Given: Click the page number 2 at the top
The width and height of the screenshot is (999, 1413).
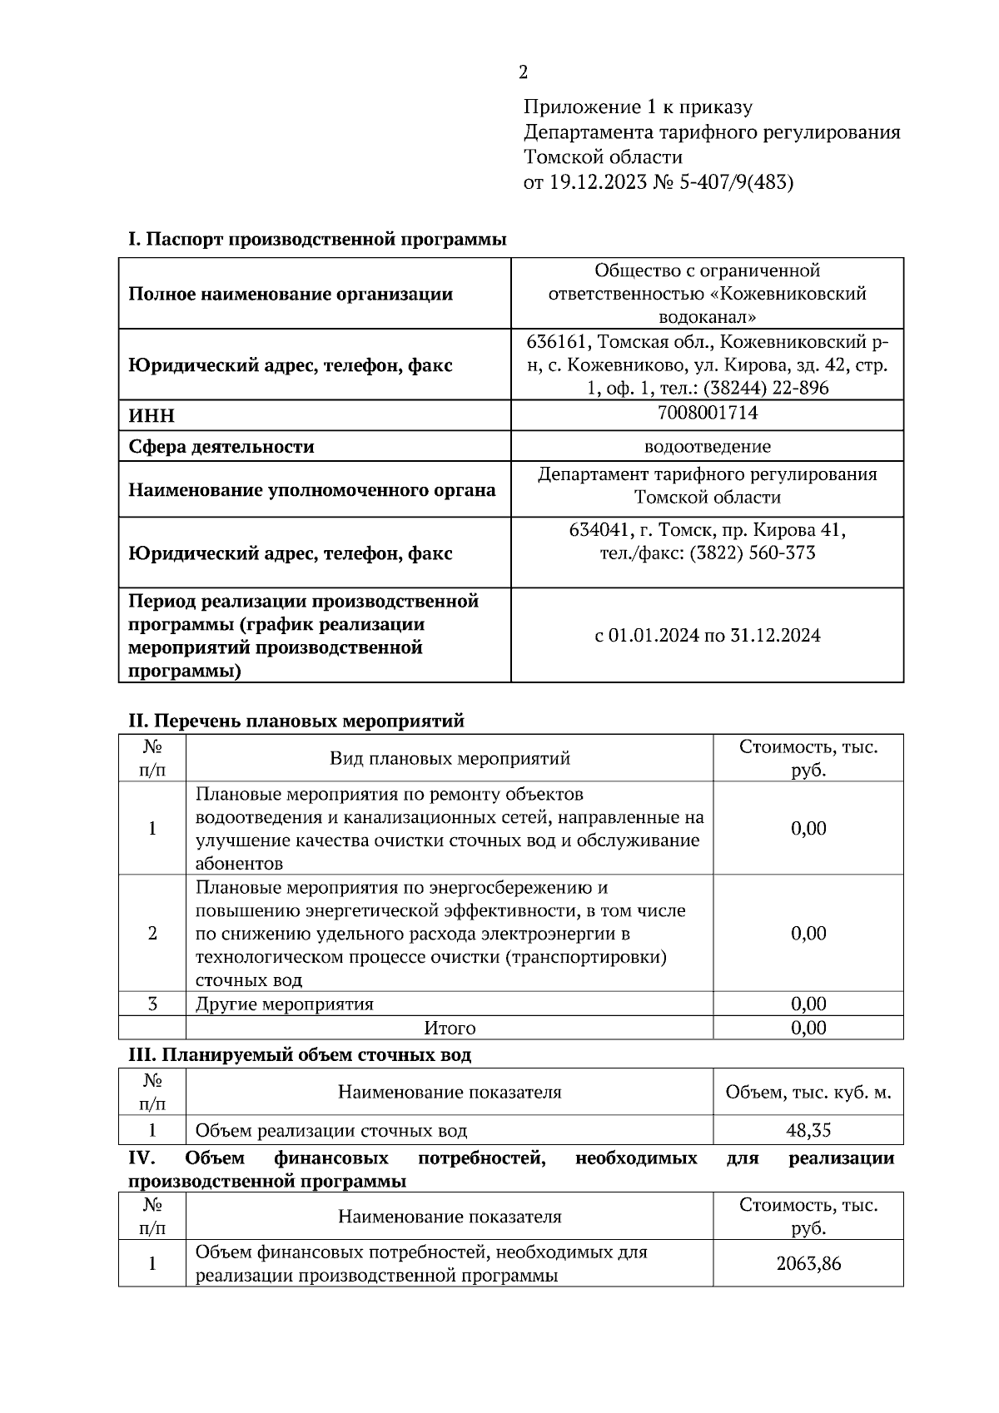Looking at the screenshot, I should (523, 73).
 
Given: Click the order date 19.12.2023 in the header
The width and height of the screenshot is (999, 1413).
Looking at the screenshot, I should (597, 182).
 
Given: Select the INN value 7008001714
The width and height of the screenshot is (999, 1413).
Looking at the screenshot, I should (707, 413).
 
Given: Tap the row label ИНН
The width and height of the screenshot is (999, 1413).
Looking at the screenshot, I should (152, 416).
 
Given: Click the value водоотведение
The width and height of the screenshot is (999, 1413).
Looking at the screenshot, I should (707, 447).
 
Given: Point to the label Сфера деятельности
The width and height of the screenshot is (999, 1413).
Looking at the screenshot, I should (221, 447).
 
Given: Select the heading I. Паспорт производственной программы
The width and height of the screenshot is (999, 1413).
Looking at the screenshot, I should (317, 240).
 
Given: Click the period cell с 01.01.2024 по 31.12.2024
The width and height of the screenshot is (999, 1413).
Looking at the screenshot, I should (707, 636).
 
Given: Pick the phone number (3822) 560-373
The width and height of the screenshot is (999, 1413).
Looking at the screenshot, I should (752, 553).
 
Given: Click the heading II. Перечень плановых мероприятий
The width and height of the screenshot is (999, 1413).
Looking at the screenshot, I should (296, 721).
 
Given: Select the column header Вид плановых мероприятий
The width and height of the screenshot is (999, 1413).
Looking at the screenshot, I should (450, 758).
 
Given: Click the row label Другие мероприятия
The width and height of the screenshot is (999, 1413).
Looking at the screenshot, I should (284, 1004).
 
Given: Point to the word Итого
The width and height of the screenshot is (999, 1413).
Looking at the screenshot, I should (450, 1028).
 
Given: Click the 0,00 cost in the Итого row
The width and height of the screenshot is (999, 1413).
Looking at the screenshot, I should (808, 1028).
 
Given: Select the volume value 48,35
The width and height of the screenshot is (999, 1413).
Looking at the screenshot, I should (808, 1130).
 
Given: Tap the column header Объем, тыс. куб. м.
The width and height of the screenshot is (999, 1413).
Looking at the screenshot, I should (808, 1092).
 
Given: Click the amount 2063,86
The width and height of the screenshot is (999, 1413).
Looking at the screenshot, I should (808, 1263).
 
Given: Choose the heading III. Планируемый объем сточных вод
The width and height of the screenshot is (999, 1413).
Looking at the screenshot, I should (300, 1055).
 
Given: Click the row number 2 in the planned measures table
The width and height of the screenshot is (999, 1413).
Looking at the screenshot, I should (152, 933).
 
